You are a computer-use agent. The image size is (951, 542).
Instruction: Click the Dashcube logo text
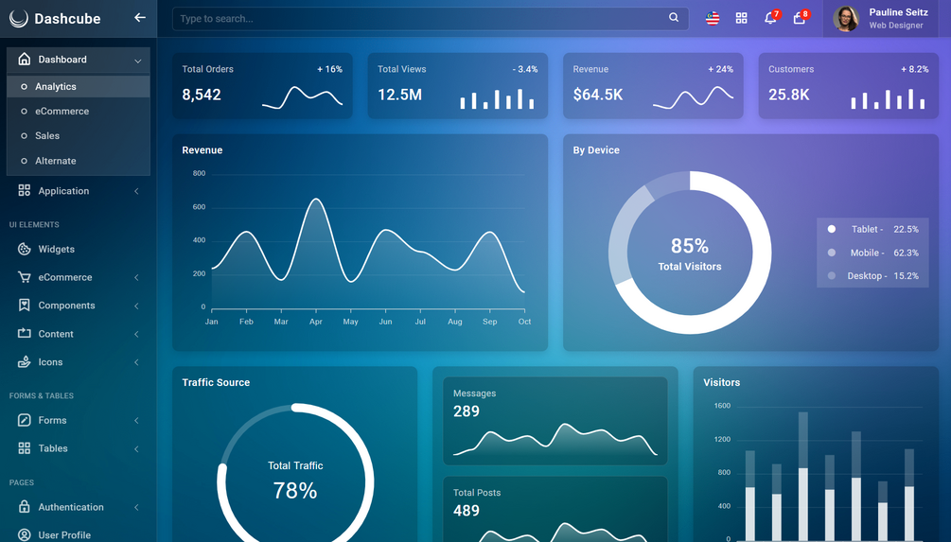tap(67, 19)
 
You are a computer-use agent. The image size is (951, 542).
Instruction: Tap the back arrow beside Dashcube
tap(139, 18)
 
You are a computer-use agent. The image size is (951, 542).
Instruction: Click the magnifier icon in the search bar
tap(674, 18)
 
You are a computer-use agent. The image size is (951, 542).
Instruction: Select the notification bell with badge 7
tap(770, 18)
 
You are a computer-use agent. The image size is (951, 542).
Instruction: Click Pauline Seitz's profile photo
tap(845, 19)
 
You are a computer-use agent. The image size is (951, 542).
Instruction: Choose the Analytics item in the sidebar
tap(56, 87)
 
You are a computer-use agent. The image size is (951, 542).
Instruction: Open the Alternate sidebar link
tap(56, 161)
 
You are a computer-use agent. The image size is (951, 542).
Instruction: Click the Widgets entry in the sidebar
tap(57, 249)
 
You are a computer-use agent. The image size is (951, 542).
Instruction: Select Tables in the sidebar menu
tap(53, 448)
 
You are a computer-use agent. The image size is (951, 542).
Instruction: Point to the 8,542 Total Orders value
tap(202, 95)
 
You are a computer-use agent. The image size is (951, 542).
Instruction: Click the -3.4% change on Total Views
tap(525, 69)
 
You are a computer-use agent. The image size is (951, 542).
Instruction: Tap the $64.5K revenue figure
tap(597, 95)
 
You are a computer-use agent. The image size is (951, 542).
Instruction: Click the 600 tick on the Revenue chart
tap(199, 207)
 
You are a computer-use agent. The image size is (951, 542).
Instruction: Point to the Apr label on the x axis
tap(315, 322)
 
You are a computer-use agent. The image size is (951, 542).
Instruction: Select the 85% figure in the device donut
tap(690, 246)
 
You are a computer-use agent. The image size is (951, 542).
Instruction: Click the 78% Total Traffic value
tap(294, 491)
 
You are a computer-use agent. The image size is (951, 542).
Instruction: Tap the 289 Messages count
tap(467, 411)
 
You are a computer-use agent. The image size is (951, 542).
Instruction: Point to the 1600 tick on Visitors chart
tap(722, 406)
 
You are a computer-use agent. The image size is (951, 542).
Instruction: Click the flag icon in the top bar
tap(713, 18)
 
